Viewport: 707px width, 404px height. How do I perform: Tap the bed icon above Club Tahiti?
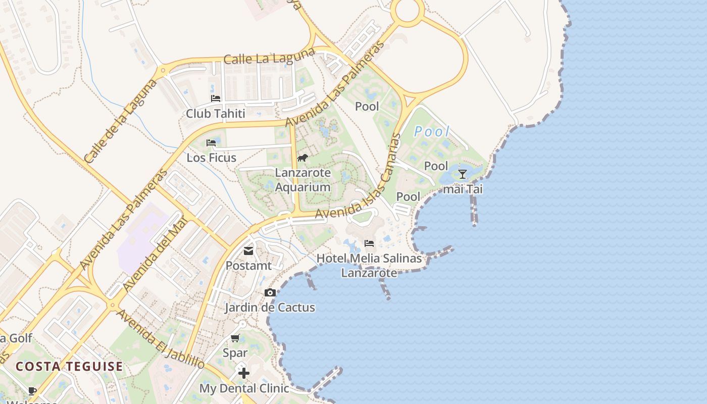tap(216, 98)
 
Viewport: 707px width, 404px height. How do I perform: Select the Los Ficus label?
tap(212, 158)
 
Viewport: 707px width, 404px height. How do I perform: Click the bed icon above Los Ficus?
tap(212, 143)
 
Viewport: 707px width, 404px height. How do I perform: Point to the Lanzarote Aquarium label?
tap(303, 180)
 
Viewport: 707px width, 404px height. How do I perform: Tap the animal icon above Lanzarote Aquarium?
tap(302, 158)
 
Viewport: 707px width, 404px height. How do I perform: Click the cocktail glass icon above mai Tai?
tap(462, 174)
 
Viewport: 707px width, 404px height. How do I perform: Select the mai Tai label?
tap(463, 189)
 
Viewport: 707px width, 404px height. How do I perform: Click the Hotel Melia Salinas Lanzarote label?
tap(369, 265)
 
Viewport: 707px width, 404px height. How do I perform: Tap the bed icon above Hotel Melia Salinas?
tap(369, 243)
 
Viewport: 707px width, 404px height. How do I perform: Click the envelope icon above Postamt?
tap(248, 250)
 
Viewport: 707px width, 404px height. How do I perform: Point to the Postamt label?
tap(248, 266)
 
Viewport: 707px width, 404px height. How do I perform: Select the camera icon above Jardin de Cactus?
tap(270, 293)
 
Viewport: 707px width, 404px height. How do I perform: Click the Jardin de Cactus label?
tap(270, 308)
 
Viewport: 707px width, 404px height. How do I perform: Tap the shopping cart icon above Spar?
tap(235, 338)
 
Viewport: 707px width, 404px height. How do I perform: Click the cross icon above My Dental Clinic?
tap(244, 373)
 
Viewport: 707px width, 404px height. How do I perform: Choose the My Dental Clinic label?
tap(244, 388)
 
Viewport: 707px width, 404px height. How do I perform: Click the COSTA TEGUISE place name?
tap(69, 366)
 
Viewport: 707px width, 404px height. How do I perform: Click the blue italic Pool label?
tap(432, 132)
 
